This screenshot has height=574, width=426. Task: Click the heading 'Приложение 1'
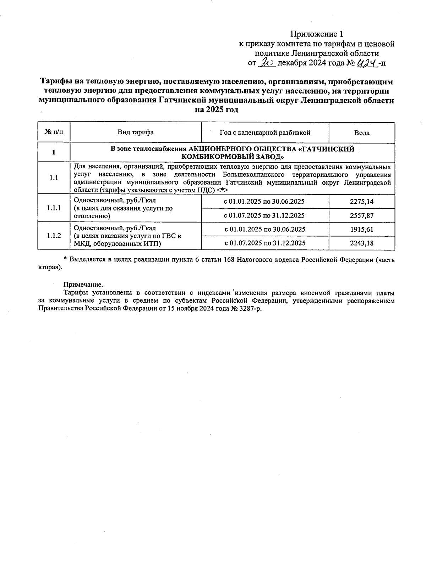[317, 34]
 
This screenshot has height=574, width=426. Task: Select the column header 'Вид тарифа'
[136, 133]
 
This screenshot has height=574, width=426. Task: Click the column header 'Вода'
[362, 133]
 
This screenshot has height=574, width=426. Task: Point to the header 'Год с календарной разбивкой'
[265, 133]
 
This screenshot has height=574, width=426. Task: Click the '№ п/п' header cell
[54, 133]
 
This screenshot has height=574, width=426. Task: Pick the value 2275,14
[361, 202]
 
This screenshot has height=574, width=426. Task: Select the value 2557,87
[361, 215]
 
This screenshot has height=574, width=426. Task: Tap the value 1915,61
[361, 229]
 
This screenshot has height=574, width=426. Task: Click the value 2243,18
[361, 243]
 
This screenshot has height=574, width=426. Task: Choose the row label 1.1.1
[54, 208]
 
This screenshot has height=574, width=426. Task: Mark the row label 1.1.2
[54, 236]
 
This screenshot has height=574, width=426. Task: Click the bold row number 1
[54, 152]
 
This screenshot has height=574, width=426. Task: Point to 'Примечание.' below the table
[83, 285]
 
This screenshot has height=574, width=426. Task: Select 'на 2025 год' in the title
[217, 109]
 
